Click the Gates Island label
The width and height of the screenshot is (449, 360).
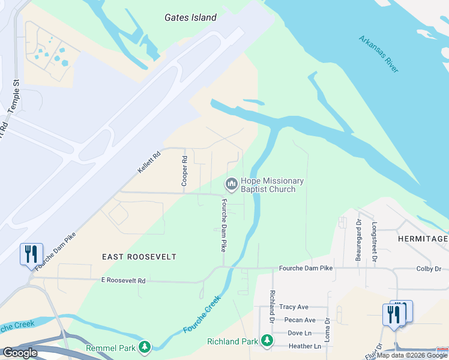click(190, 17)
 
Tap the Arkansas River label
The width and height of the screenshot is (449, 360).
click(379, 54)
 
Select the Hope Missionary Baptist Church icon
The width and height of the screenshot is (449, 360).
click(231, 183)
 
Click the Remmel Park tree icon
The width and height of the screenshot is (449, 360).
click(144, 347)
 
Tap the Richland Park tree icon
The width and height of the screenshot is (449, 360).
click(267, 341)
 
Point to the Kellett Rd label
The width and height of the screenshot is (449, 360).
click(149, 163)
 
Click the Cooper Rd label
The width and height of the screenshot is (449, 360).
click(185, 171)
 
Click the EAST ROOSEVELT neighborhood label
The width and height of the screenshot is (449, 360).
click(139, 257)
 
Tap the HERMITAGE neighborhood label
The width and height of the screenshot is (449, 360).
click(423, 239)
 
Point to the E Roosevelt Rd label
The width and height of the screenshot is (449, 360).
click(123, 280)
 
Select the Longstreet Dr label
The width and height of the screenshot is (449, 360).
click(374, 242)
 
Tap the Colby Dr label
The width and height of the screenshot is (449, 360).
click(429, 269)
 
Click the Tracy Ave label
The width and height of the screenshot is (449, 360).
click(294, 307)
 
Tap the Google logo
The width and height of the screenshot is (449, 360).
click(20, 353)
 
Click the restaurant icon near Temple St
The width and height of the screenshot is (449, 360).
click(31, 254)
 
